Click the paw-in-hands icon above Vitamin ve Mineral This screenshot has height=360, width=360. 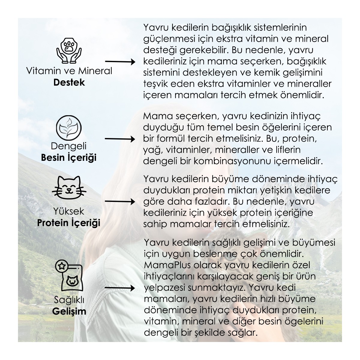click(69, 49)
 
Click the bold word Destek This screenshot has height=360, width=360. click(69, 82)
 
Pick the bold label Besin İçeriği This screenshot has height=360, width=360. click(69, 157)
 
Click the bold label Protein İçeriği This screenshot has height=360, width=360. click(69, 223)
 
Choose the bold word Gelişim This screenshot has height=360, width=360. click(69, 311)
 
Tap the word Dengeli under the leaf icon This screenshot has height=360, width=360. click(69, 146)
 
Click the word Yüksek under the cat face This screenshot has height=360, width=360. click(69, 211)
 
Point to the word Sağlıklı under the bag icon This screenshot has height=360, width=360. click(69, 300)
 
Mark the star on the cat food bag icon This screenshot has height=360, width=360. click(61, 265)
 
